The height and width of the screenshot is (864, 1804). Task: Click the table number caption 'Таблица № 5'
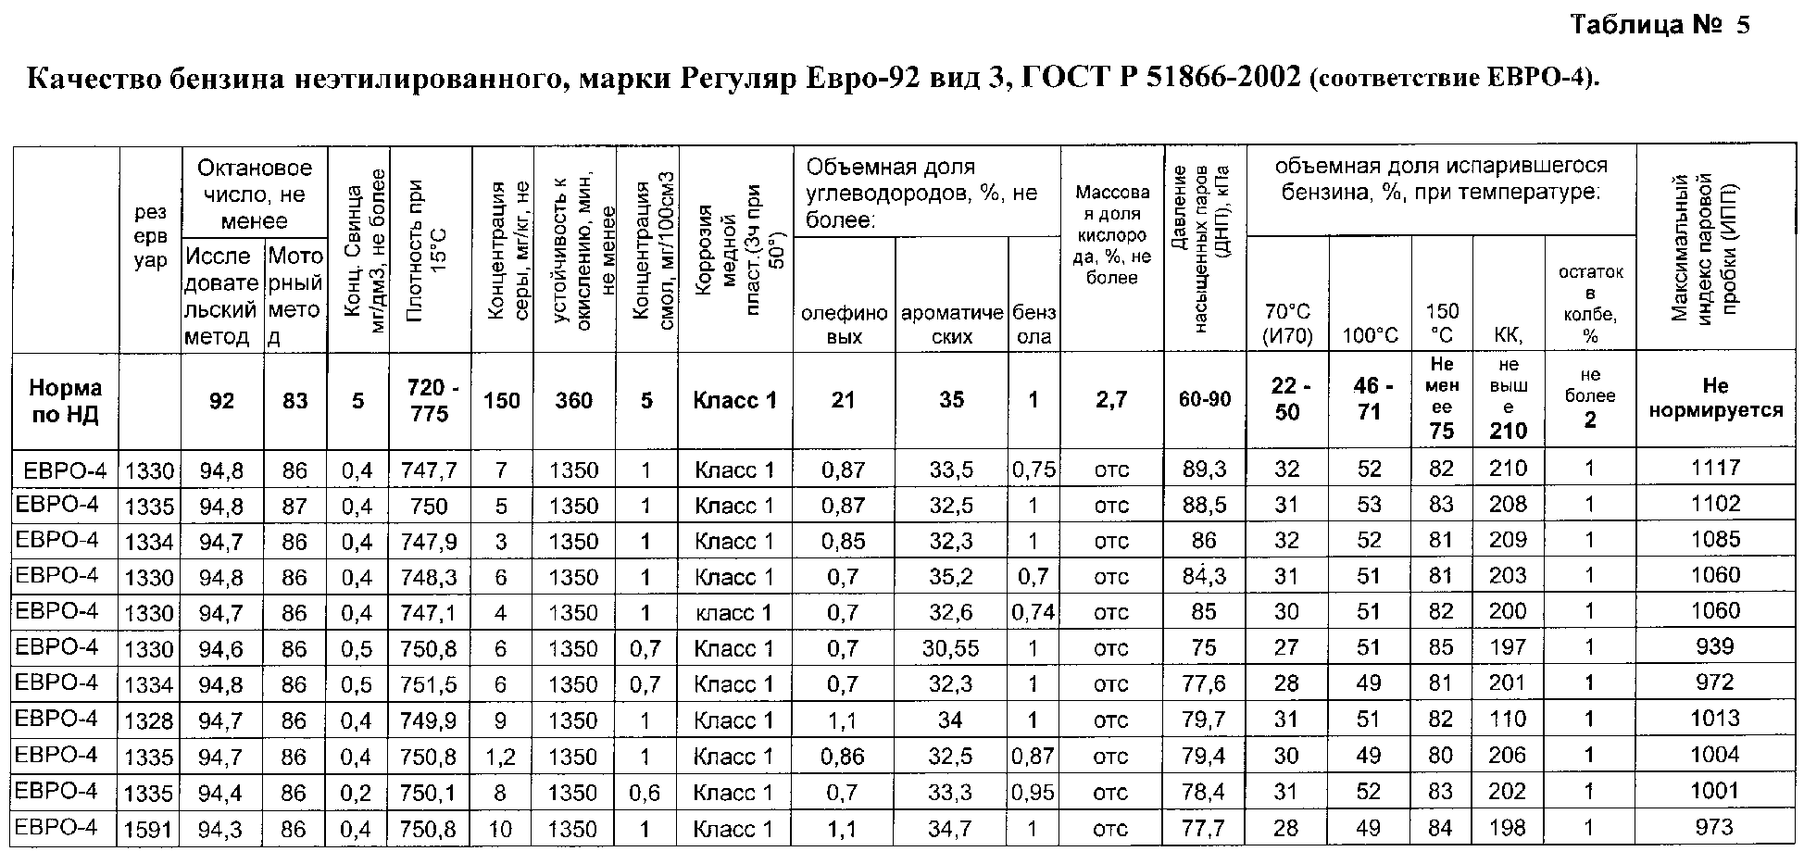click(x=1660, y=25)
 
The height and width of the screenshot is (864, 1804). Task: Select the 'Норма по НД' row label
click(x=65, y=400)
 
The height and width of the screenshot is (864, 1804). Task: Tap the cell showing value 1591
click(x=149, y=829)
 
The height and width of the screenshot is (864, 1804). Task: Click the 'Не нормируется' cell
click(x=1715, y=398)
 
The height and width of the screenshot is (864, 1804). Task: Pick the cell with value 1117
click(x=1715, y=469)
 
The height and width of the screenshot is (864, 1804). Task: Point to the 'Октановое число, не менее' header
click(x=255, y=194)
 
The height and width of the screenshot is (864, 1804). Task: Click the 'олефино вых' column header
click(x=844, y=324)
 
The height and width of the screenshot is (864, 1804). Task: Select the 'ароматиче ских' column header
click(x=951, y=324)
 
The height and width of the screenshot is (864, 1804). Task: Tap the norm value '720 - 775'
click(x=430, y=400)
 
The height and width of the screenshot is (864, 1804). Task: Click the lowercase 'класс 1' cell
click(x=734, y=612)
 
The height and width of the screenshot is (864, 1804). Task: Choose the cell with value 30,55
click(x=951, y=648)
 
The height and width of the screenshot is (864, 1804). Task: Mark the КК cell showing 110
click(x=1508, y=720)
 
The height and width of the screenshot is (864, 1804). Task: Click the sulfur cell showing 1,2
click(x=501, y=757)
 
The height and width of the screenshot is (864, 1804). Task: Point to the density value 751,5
click(x=430, y=684)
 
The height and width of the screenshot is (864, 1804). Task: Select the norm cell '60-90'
click(x=1204, y=400)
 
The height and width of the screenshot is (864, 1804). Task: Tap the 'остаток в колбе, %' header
click(x=1590, y=304)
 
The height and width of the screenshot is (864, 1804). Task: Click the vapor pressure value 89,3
click(x=1204, y=470)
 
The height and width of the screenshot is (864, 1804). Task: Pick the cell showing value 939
click(x=1715, y=647)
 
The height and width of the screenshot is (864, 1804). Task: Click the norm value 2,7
click(x=1111, y=400)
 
